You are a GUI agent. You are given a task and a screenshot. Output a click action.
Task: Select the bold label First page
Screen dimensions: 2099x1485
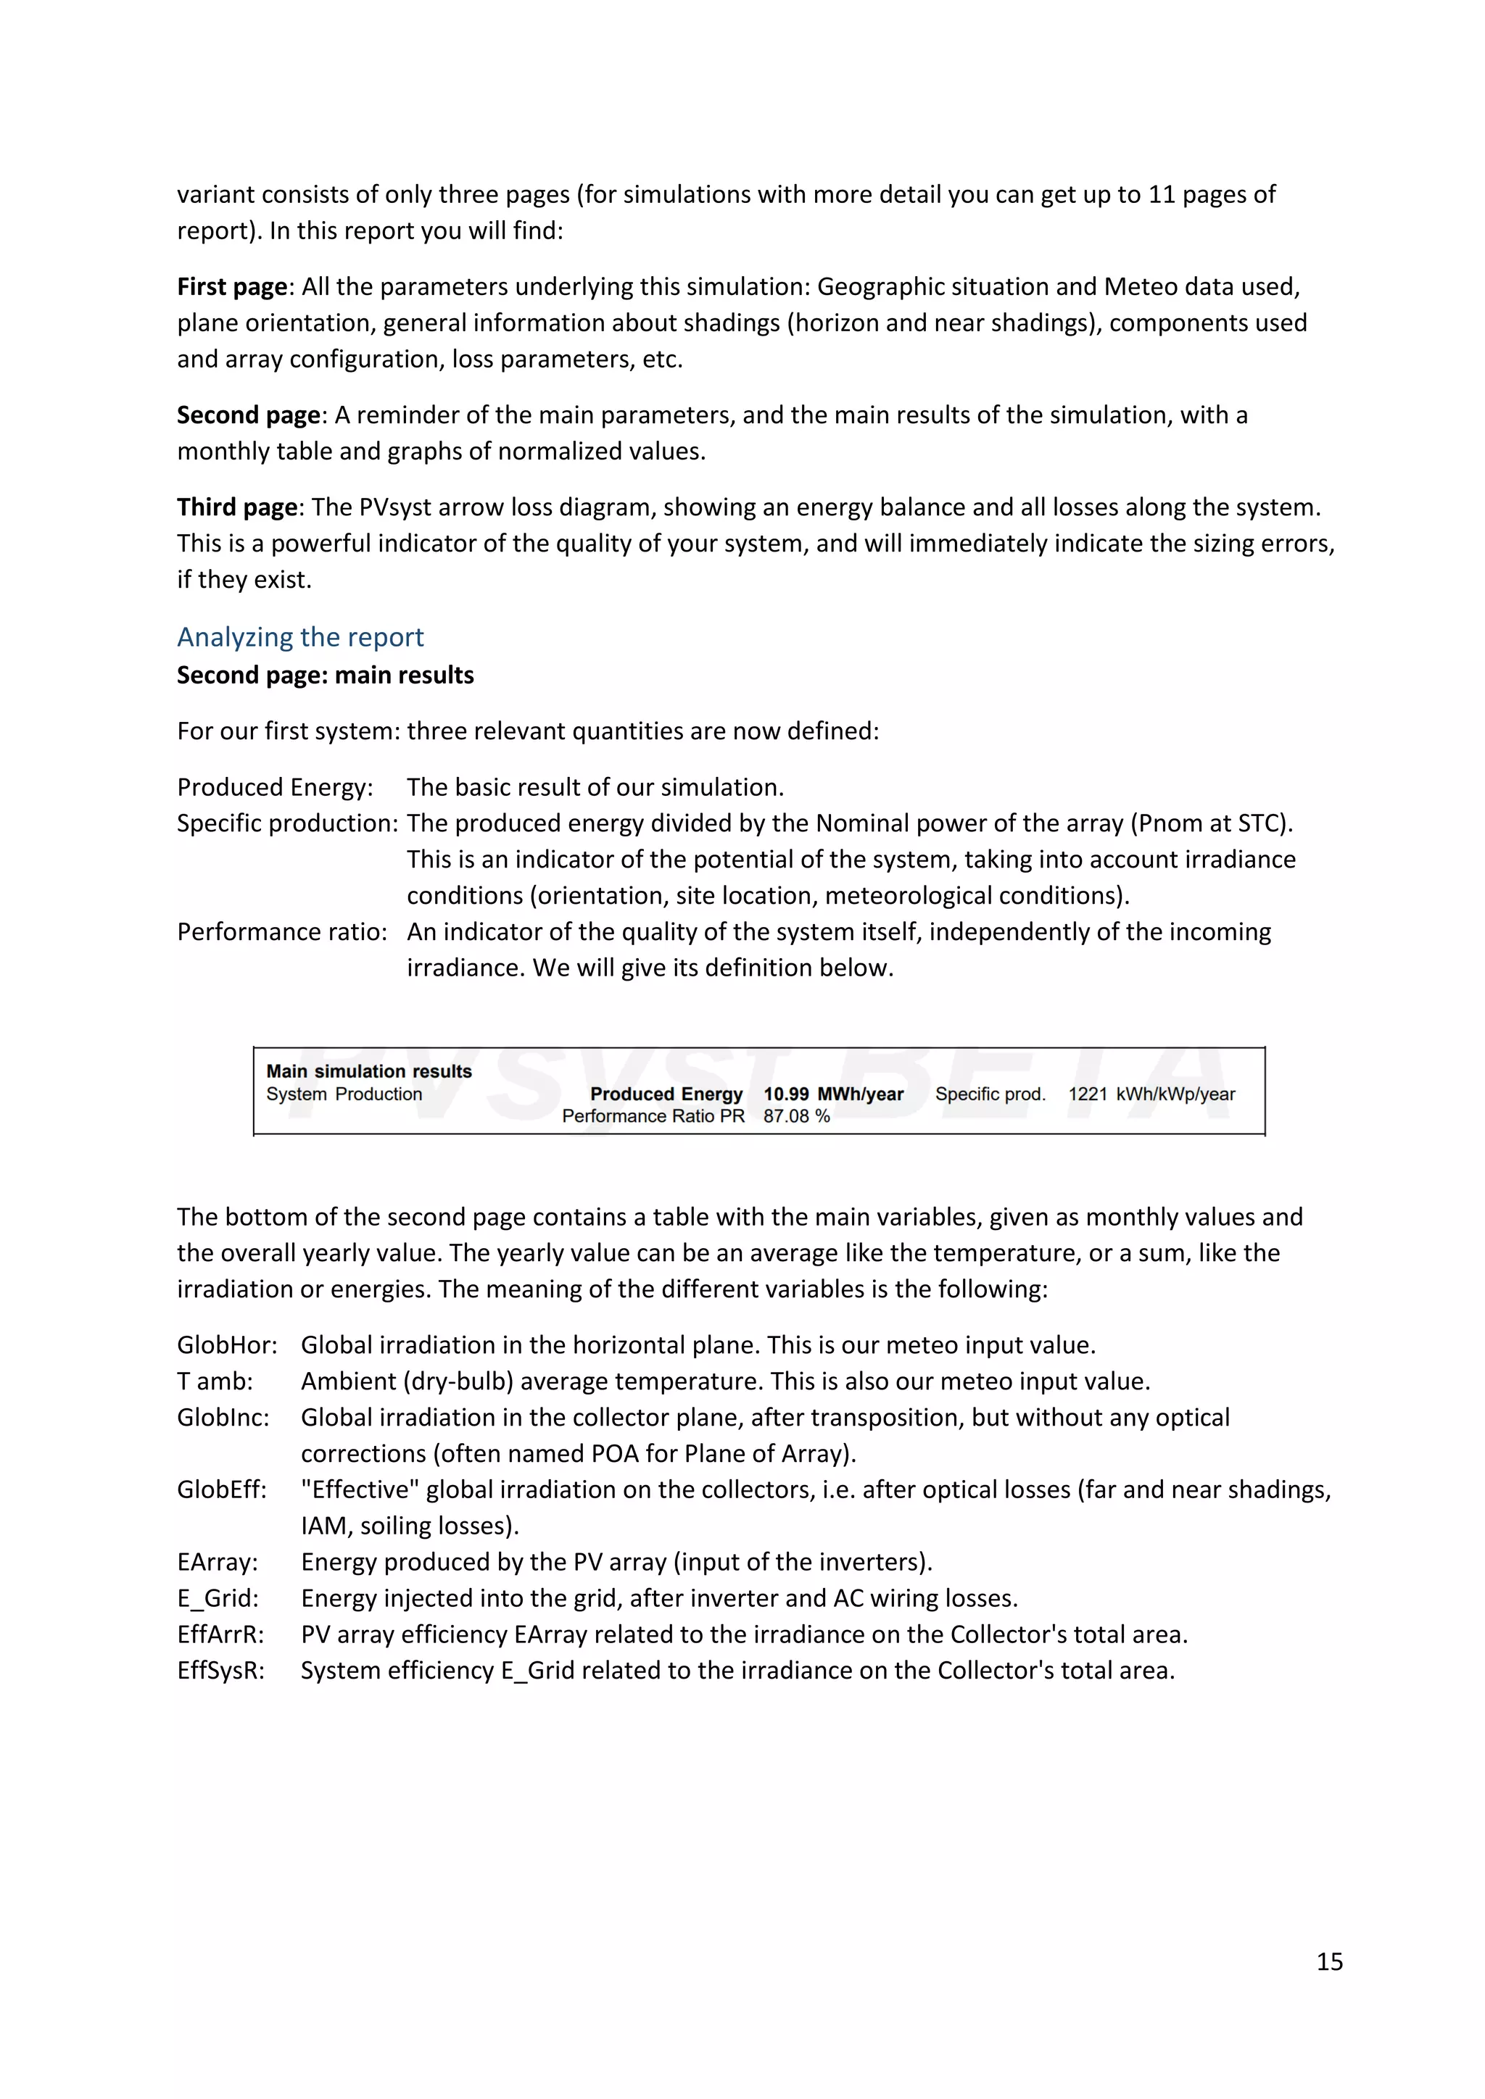232,286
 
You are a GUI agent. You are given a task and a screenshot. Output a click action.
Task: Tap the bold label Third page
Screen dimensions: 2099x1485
237,507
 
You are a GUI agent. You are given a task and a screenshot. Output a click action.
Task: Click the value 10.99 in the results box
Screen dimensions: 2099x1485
785,1094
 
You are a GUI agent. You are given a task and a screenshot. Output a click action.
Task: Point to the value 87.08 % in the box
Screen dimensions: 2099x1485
796,1115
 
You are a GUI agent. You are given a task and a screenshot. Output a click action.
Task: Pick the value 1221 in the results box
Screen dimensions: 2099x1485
1087,1094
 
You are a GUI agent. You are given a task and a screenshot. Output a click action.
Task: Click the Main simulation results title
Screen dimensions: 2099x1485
368,1071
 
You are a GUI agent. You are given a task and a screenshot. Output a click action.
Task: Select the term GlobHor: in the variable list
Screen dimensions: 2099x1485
227,1344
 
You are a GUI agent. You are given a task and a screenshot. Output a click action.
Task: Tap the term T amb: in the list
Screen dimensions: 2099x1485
215,1381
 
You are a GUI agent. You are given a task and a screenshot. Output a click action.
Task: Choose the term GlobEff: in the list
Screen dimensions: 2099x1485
222,1489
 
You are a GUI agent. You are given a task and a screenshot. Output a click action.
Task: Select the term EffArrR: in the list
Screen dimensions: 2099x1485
220,1634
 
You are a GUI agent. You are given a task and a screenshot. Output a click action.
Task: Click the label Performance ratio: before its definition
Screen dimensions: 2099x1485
281,931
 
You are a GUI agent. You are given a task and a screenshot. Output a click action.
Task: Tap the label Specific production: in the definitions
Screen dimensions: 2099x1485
287,823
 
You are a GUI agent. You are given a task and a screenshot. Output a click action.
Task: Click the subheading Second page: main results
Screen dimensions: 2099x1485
325,675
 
